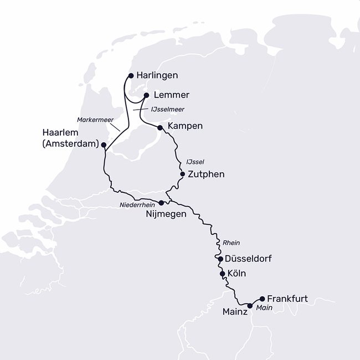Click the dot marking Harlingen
(131, 75)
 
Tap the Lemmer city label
(172, 95)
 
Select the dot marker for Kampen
(160, 127)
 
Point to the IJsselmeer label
(167, 110)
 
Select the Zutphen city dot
(182, 174)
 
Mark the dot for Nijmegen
(161, 203)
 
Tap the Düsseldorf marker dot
(220, 259)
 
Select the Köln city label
(237, 274)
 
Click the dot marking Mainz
(250, 306)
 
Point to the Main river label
(264, 308)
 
